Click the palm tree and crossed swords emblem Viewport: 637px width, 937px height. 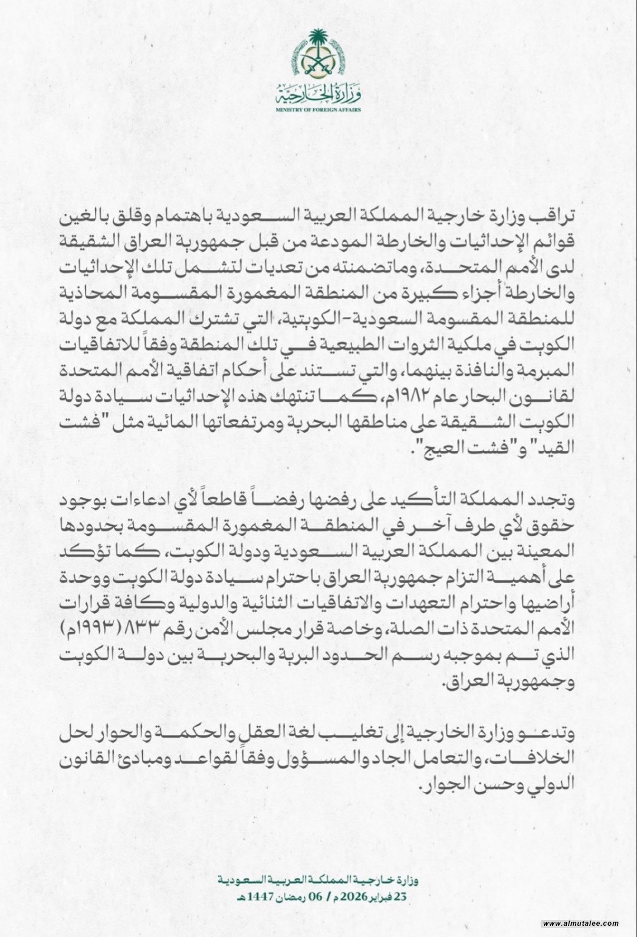[318, 54]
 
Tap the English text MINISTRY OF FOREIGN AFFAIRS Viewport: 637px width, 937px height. [318, 110]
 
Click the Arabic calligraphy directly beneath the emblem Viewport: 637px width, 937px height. [318, 93]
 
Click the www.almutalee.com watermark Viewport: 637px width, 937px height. [580, 923]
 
